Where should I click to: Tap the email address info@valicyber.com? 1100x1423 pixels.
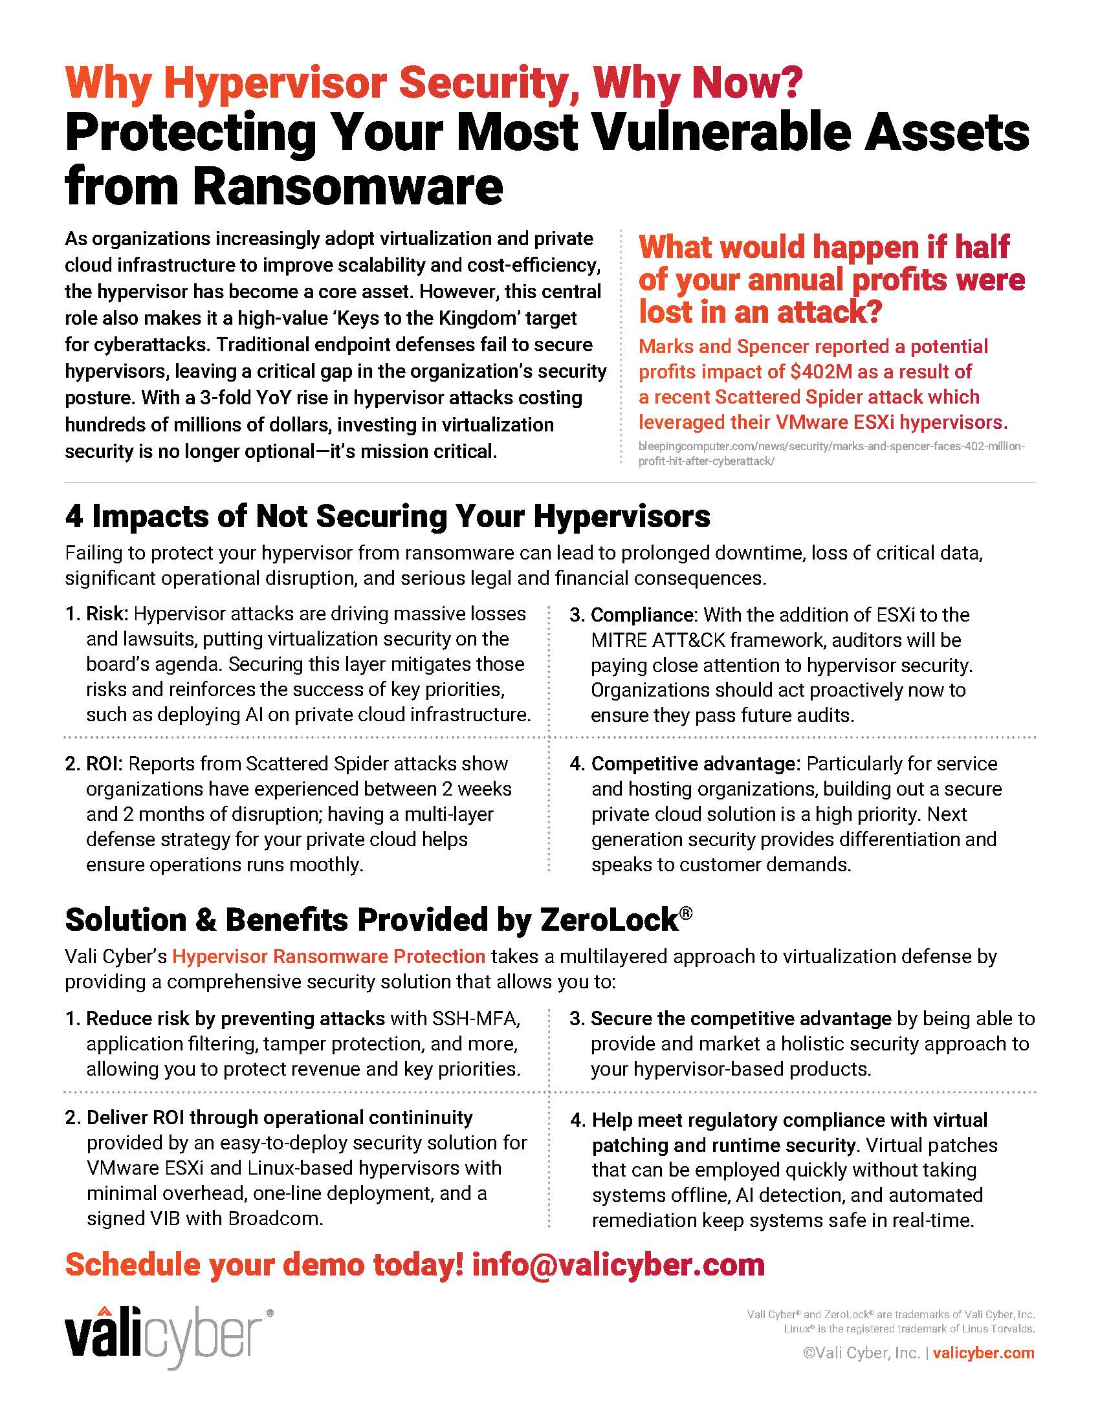(618, 1265)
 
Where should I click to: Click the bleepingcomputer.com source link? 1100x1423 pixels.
(831, 453)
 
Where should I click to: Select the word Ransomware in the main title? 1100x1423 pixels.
(348, 187)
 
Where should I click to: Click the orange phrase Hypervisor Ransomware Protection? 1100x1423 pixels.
(329, 957)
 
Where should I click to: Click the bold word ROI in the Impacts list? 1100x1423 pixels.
(102, 764)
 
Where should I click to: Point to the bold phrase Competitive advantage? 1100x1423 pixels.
(694, 764)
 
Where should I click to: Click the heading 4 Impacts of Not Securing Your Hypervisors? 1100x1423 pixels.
(387, 516)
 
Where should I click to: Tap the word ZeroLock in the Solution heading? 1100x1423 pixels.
(609, 920)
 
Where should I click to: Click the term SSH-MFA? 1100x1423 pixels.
(476, 1018)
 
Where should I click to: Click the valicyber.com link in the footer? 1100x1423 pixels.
(984, 1353)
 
